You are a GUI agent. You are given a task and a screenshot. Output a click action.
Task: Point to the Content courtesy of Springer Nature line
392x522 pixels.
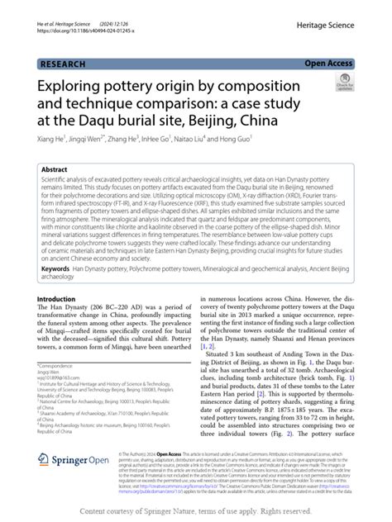[x=195, y=512]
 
